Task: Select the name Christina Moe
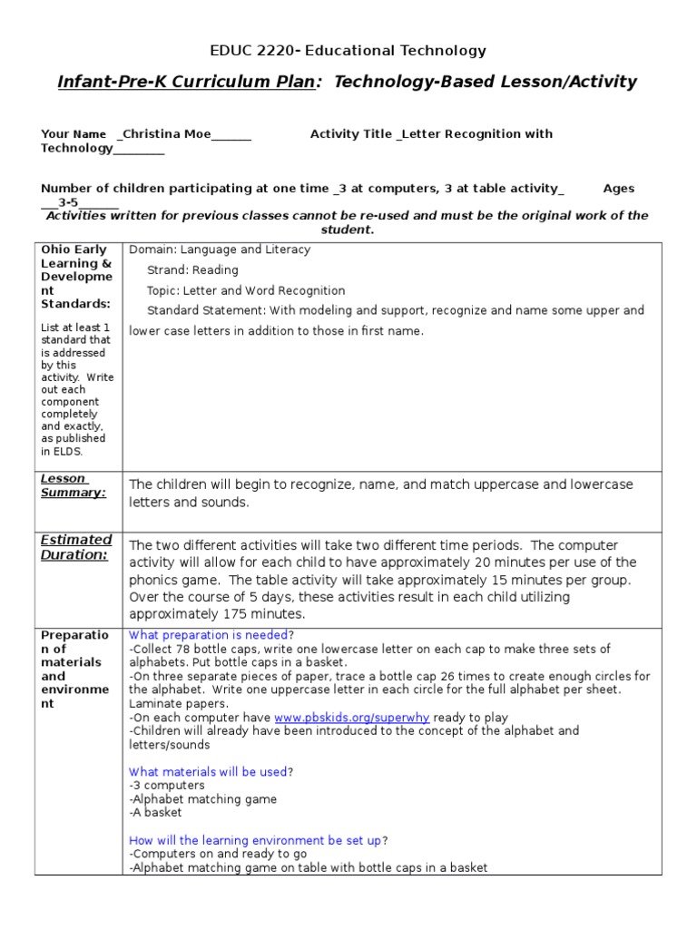[165, 134]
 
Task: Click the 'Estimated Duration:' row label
[76, 547]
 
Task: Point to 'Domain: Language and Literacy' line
[220, 249]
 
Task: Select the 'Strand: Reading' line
[192, 269]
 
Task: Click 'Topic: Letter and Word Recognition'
[246, 290]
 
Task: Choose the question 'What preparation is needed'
[208, 635]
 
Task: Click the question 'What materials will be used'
[208, 771]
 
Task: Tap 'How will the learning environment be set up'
[255, 840]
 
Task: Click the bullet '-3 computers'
[167, 785]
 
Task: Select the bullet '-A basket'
[155, 812]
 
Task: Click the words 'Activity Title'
[351, 134]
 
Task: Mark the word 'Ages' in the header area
[619, 189]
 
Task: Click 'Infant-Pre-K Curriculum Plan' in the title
[186, 83]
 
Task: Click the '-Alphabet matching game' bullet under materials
[203, 798]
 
